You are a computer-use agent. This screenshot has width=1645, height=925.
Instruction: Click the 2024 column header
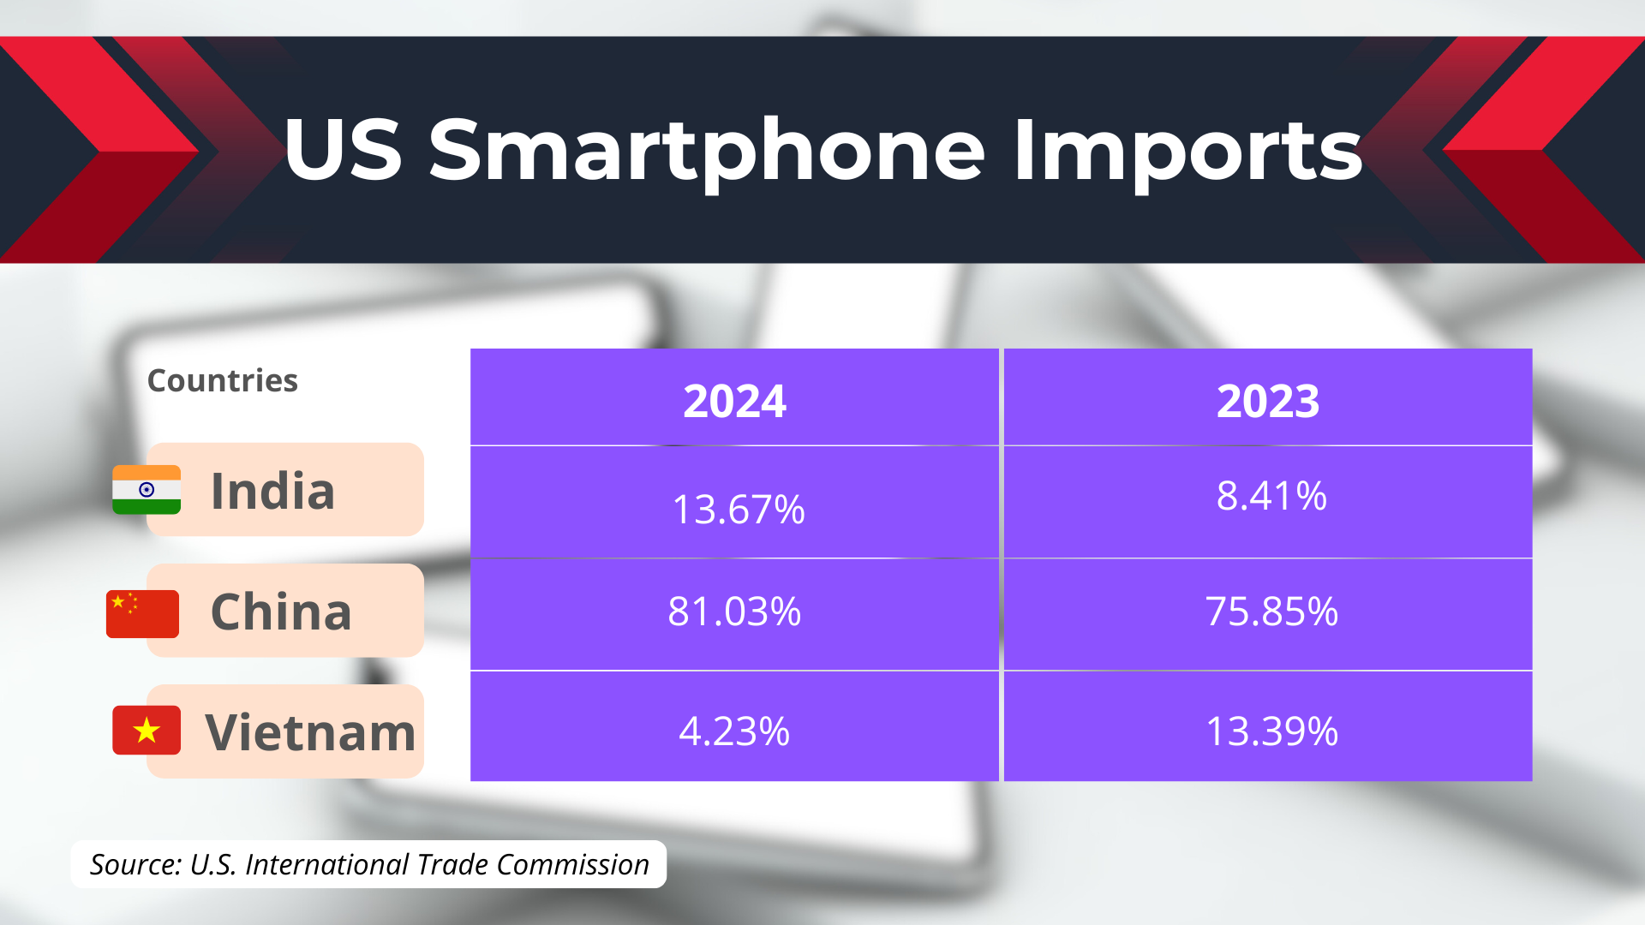point(734,401)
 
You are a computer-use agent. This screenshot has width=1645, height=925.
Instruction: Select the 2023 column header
point(1268,401)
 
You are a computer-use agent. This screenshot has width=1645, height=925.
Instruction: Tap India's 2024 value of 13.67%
point(739,510)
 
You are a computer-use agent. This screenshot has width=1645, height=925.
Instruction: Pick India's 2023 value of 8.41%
point(1271,496)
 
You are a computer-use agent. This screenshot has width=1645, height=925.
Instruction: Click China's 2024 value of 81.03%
point(734,612)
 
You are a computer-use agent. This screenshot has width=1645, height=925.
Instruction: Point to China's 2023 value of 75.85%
point(1271,612)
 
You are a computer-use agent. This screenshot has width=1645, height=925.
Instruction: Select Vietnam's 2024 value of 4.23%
point(734,731)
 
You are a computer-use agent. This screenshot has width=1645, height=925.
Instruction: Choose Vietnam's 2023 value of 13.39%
point(1271,731)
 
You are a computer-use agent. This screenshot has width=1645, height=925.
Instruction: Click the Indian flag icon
point(147,490)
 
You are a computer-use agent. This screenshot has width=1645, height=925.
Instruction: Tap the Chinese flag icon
point(142,614)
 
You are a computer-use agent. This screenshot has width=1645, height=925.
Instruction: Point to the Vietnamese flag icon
point(147,731)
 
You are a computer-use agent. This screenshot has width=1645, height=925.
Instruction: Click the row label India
point(272,491)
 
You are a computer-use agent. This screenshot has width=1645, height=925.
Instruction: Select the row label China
point(281,612)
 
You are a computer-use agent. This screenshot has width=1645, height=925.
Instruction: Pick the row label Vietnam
point(310,732)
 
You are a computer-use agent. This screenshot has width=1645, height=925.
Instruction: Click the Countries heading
point(223,380)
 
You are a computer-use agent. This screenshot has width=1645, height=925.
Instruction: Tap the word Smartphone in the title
point(708,152)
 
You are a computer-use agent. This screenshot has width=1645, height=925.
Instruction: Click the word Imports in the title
point(1188,152)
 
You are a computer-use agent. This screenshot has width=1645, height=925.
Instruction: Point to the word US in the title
point(343,150)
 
